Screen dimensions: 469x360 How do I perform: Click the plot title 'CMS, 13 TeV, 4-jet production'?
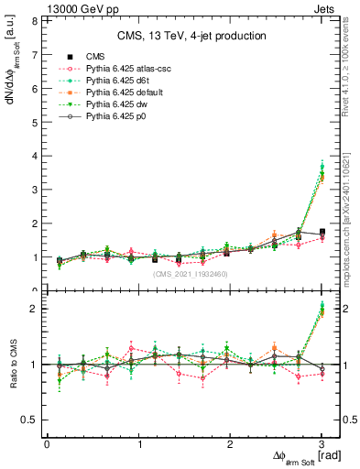pyautogui.click(x=191, y=36)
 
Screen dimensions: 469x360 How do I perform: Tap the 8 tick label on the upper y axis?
pyautogui.click(x=33, y=20)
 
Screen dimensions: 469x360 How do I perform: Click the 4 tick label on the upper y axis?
pyautogui.click(x=33, y=156)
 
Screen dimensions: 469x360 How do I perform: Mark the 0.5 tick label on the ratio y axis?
pyautogui.click(x=29, y=420)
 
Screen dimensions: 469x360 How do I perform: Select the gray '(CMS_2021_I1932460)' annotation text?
pyautogui.click(x=190, y=274)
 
